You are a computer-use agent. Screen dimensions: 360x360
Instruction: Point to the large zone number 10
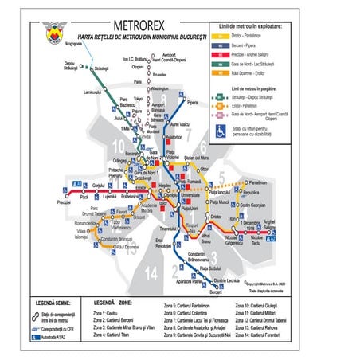pyautogui.click(x=118, y=146)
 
